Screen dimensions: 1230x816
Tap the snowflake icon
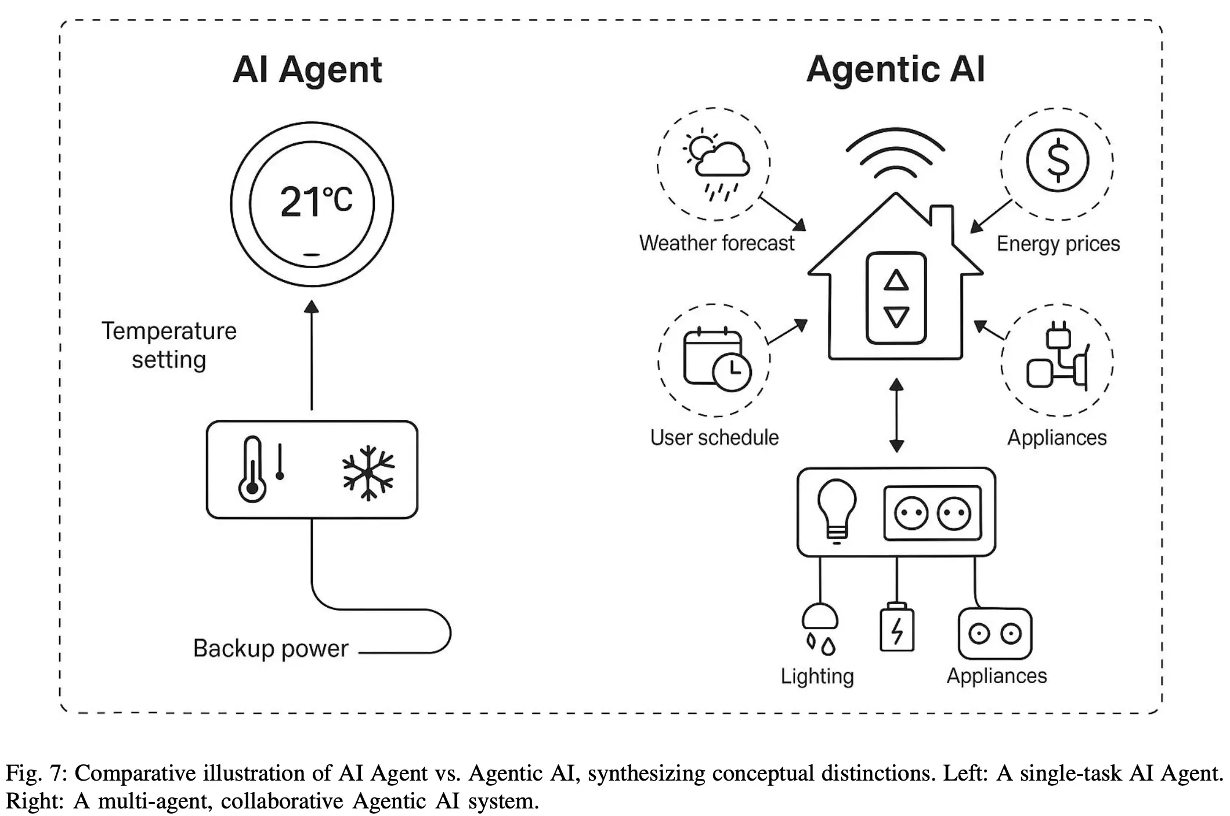tap(368, 472)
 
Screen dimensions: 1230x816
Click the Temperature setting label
tap(169, 345)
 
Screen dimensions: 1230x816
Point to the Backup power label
tap(271, 648)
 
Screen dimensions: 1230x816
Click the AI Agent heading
tap(307, 70)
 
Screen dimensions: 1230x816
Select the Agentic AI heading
tap(895, 69)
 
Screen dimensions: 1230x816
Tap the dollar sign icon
tap(1058, 160)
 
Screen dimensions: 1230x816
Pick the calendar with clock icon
tap(717, 359)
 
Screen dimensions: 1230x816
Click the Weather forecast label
tap(717, 243)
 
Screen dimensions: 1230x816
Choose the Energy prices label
tap(1058, 244)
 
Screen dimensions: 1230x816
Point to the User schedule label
tap(714, 438)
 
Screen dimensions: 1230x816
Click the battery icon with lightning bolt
tap(897, 628)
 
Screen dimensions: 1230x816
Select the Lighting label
tap(817, 677)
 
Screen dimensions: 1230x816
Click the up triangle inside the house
tap(896, 281)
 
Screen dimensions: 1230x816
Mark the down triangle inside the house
tap(896, 317)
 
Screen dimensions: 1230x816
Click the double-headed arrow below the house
tap(896, 415)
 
